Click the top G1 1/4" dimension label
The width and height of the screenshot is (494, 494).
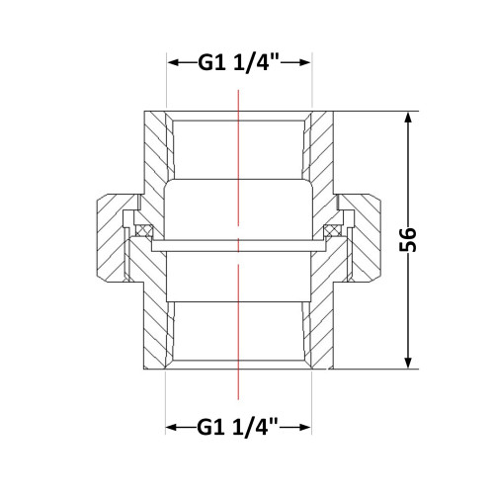click(x=238, y=62)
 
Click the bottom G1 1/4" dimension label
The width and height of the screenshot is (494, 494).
click(x=238, y=427)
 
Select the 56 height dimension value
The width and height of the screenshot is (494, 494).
click(x=408, y=239)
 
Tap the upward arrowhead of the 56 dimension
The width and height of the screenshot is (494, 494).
click(x=408, y=119)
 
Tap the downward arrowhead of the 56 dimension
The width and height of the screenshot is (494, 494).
click(x=408, y=362)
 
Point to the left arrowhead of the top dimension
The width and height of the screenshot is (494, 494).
click(x=173, y=62)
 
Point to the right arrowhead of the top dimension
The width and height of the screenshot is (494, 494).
click(x=305, y=62)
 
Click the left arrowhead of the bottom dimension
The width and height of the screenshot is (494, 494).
click(x=172, y=428)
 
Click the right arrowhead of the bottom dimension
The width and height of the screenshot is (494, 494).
click(x=304, y=428)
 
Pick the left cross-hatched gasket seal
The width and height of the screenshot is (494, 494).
click(x=144, y=230)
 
